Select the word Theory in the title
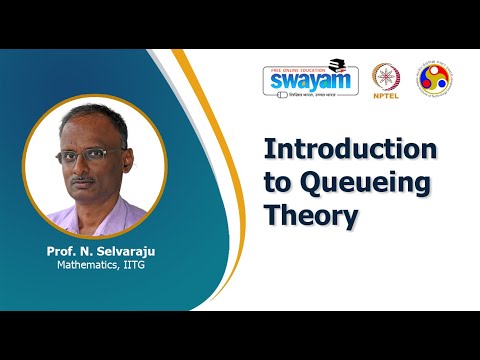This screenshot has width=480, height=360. pyautogui.click(x=310, y=215)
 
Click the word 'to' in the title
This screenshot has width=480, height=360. pyautogui.click(x=276, y=184)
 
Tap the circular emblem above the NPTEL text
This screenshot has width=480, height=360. pyautogui.click(x=386, y=77)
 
